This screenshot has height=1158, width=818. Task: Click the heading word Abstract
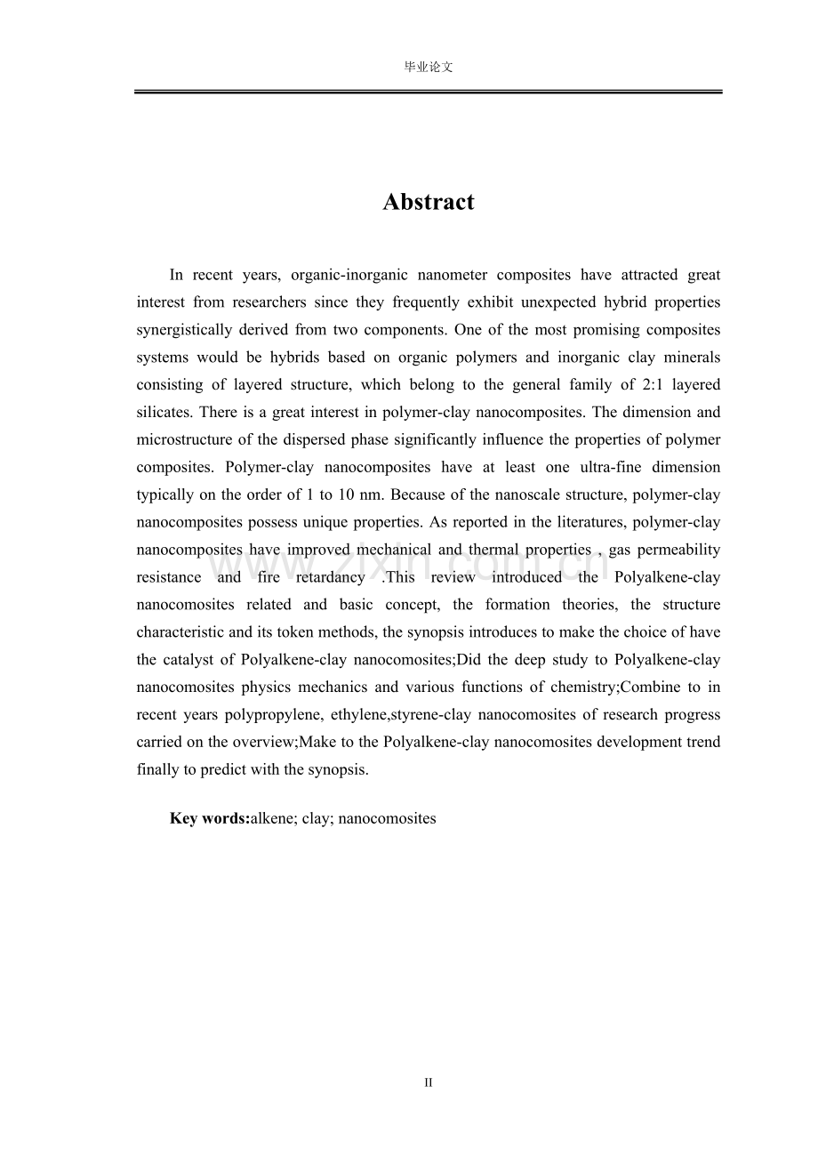[429, 203]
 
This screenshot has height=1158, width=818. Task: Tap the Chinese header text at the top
[429, 68]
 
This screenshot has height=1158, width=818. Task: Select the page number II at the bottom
[428, 1082]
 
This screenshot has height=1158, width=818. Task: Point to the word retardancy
[330, 578]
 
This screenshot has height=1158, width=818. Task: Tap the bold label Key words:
[209, 819]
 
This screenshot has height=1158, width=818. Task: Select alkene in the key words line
[272, 819]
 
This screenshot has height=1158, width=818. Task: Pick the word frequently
[421, 302]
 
